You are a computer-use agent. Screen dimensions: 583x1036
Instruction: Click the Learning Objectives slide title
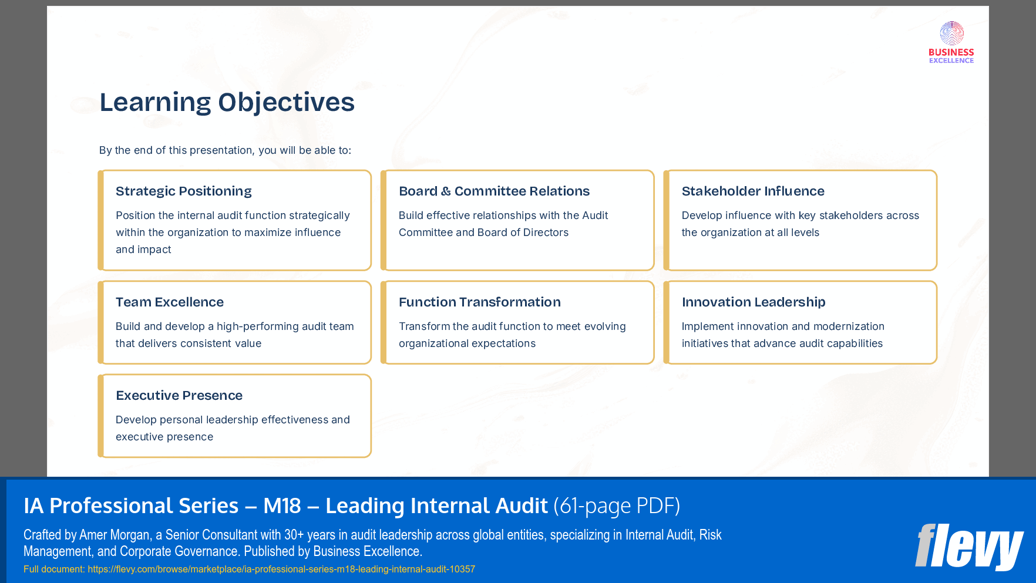pyautogui.click(x=227, y=102)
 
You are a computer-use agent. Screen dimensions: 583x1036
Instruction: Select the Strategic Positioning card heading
pyautogui.click(x=183, y=191)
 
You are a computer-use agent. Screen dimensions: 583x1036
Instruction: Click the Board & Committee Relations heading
pyautogui.click(x=494, y=191)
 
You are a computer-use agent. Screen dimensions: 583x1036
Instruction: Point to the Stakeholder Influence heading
pyautogui.click(x=753, y=191)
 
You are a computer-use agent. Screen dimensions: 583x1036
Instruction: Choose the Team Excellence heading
pyautogui.click(x=169, y=302)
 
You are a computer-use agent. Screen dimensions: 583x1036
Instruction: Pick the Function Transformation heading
pyautogui.click(x=479, y=302)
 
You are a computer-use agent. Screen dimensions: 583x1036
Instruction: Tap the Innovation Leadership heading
pyautogui.click(x=754, y=302)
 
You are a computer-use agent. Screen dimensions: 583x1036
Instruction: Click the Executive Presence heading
pyautogui.click(x=179, y=396)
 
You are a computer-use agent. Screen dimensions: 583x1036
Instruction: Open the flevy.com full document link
pyautogui.click(x=281, y=569)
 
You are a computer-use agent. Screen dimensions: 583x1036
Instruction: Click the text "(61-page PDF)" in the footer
pyautogui.click(x=617, y=506)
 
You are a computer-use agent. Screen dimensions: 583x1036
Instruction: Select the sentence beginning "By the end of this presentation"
pyautogui.click(x=225, y=150)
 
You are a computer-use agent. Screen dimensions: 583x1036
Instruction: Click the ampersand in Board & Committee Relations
pyautogui.click(x=446, y=191)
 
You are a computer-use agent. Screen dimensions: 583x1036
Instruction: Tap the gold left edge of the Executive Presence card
pyautogui.click(x=101, y=416)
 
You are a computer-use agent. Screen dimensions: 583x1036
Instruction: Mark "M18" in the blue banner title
pyautogui.click(x=282, y=506)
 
